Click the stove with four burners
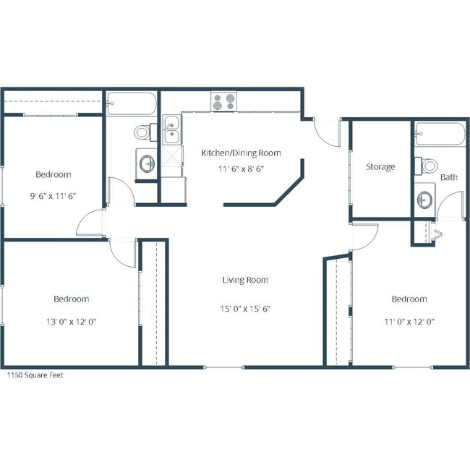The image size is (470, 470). tap(223, 102)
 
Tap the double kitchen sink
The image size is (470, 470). tap(171, 132)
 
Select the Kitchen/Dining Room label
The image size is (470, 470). tap(241, 153)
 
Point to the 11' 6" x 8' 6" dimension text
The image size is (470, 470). tap(241, 170)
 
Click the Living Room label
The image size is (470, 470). tap(245, 280)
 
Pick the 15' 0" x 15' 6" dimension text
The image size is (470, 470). tap(245, 308)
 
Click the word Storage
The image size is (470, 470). tap(380, 167)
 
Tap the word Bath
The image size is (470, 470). tap(448, 176)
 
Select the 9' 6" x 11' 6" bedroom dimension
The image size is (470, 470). tap(54, 196)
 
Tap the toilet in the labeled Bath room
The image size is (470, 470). tap(427, 165)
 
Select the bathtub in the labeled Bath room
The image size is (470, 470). tap(440, 134)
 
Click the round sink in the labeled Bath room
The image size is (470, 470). tap(425, 197)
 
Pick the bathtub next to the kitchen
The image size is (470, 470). tap(131, 104)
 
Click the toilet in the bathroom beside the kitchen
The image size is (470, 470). tap(142, 133)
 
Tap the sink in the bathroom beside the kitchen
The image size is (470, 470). tap(147, 163)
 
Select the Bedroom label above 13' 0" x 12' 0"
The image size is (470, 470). tap(71, 299)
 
